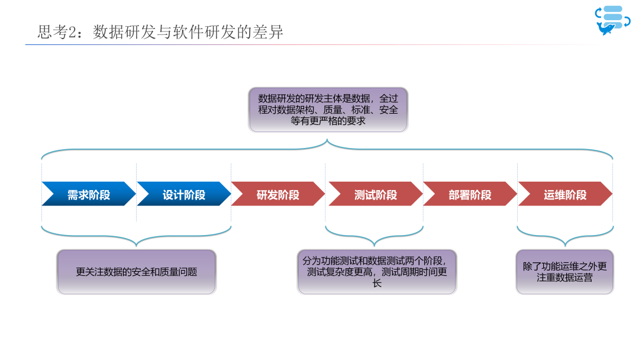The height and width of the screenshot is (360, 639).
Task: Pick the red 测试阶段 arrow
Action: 375,194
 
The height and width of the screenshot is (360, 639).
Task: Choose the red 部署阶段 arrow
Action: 470,194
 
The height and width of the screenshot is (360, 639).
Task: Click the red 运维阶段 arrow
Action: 565,194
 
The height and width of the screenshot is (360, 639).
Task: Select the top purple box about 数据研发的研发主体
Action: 328,110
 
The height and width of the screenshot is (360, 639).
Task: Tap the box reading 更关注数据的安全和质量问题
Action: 137,272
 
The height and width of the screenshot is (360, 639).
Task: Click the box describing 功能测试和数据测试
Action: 377,272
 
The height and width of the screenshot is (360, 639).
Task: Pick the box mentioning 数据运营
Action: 564,272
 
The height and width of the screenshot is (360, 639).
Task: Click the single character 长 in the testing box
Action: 377,283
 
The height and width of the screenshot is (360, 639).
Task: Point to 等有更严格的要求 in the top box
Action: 328,121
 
